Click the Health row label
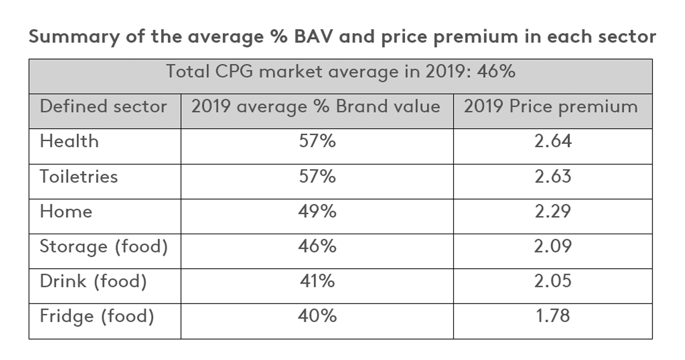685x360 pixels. (x=69, y=141)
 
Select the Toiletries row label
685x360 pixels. (x=79, y=176)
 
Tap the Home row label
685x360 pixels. (x=66, y=212)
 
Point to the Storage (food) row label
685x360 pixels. (x=104, y=247)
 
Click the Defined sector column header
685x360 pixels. (x=103, y=106)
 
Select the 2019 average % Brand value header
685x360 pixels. (x=316, y=106)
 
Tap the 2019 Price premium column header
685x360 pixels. (x=551, y=106)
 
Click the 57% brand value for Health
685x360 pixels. (x=317, y=141)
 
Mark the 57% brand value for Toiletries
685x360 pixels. (x=317, y=176)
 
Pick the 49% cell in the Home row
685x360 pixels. (x=317, y=212)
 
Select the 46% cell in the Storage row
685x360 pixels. (x=317, y=246)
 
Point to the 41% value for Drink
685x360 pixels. (x=317, y=281)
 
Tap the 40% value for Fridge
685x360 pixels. (x=317, y=316)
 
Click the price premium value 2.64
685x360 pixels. (x=553, y=141)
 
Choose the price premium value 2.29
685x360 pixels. (x=553, y=212)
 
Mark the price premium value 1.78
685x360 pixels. (x=553, y=316)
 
